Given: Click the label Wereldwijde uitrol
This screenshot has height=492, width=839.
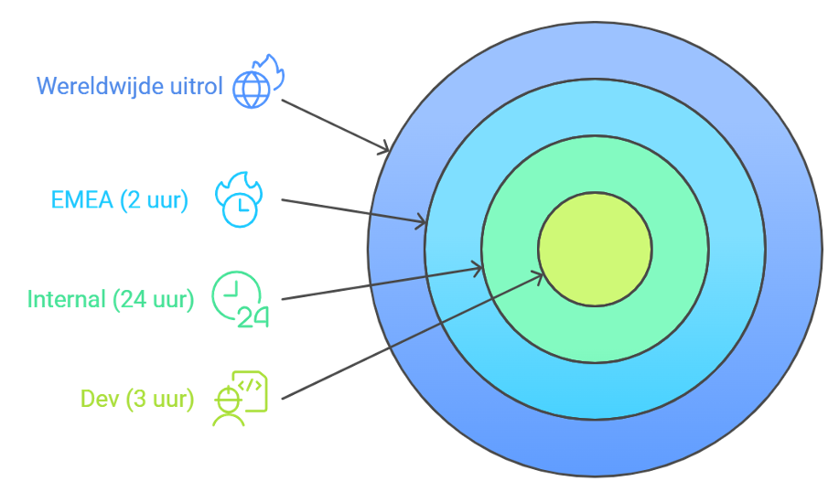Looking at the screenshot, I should [x=129, y=86].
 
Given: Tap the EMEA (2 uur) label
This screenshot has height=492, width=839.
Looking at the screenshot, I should [x=119, y=200].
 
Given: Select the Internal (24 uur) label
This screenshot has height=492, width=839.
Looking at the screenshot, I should [x=110, y=299].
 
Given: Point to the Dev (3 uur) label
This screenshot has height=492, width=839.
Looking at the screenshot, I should [x=137, y=399].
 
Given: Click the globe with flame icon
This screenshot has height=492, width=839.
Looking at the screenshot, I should [x=257, y=82].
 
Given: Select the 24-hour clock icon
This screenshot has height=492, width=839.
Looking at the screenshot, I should [x=240, y=298].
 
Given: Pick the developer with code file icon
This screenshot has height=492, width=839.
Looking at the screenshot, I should [x=239, y=398].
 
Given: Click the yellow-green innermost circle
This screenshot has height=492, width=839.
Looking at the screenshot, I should [x=595, y=249].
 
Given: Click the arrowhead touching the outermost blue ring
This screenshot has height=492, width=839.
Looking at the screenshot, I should [x=385, y=147].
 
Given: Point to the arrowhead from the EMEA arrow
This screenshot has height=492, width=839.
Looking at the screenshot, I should [x=423, y=221].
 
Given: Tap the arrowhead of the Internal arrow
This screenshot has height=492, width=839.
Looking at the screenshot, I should [x=478, y=267].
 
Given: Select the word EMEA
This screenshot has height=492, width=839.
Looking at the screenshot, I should [x=83, y=200].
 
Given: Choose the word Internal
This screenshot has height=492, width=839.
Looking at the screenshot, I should [x=66, y=299].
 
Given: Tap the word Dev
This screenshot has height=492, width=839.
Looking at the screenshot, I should [x=101, y=399].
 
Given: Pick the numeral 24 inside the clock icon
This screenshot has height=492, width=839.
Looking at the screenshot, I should [x=253, y=316].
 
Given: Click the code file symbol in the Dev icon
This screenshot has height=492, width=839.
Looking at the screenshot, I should [x=252, y=387].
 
